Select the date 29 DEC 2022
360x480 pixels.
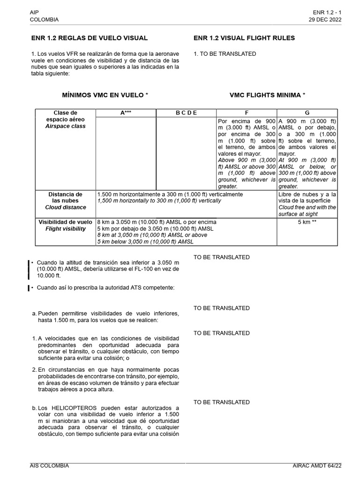[325, 20]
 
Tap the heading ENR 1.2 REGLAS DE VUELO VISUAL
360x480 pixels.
[89, 38]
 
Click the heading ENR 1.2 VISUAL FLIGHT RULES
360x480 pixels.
[244, 38]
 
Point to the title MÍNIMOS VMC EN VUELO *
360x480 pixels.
[105, 95]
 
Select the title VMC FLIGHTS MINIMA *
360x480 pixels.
[267, 95]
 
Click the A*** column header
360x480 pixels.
[126, 113]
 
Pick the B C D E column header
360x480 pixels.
[186, 113]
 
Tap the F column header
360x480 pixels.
[247, 113]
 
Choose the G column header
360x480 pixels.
[307, 113]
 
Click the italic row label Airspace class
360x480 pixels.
[65, 127]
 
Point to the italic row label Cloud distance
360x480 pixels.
[66, 207]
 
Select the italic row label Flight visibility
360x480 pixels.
[65, 229]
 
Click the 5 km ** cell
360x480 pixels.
[307, 222]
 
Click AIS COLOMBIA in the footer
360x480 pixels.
[49, 465]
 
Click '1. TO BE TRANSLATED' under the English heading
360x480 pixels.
[225, 54]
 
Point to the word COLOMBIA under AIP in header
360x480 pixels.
[44, 20]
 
